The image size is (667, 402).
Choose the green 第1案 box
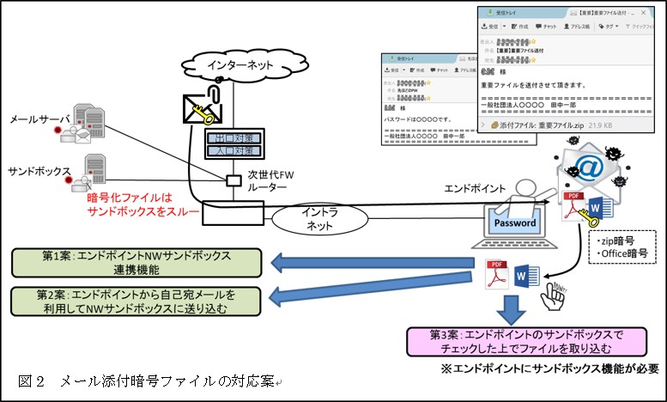132,263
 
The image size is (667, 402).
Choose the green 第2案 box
132,301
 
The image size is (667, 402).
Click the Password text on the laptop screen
514,223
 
